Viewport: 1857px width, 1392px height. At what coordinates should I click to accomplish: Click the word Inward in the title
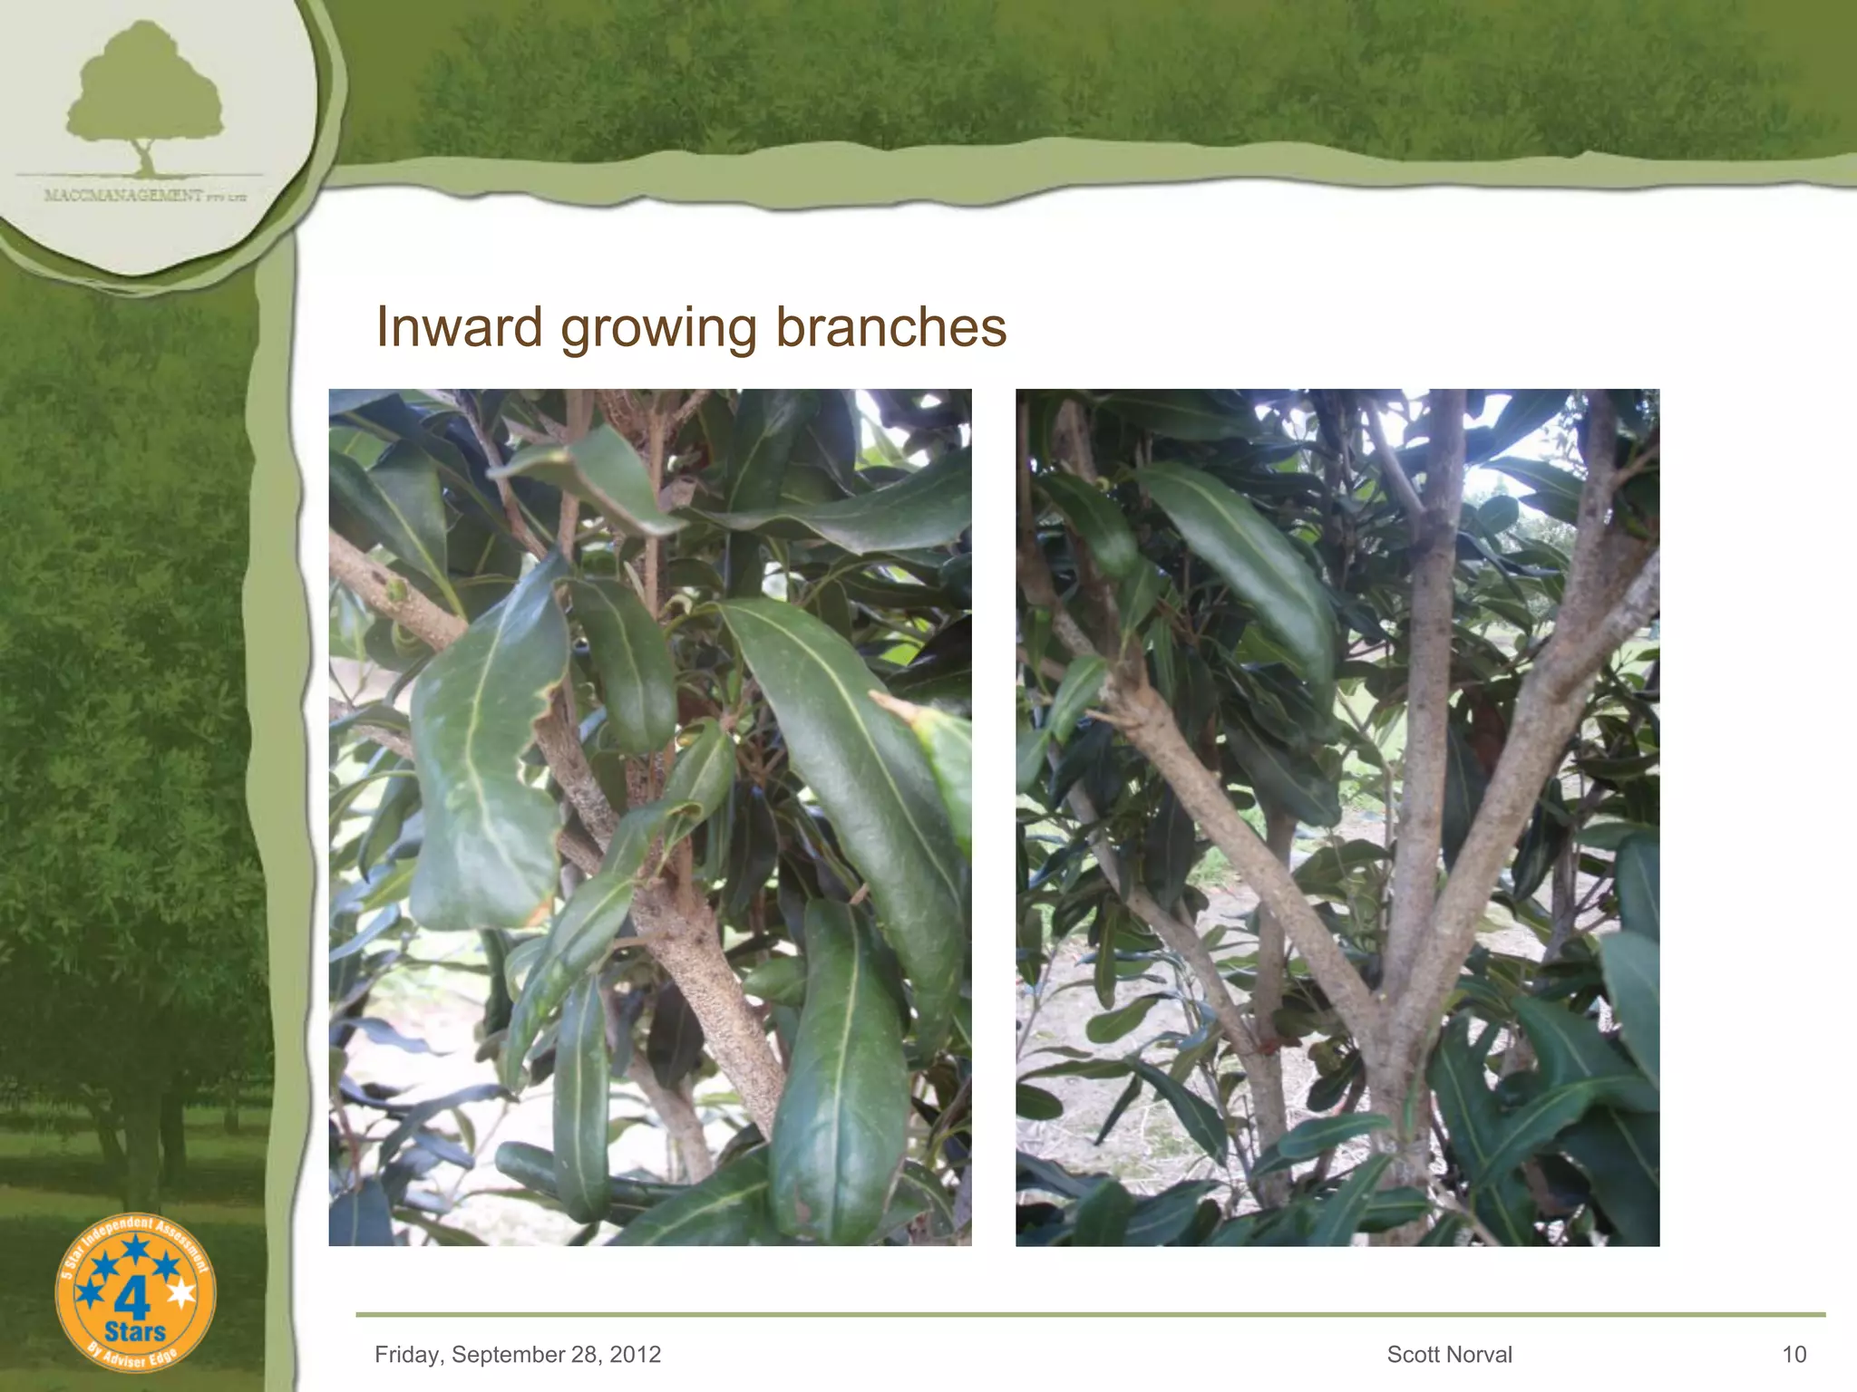[x=459, y=327]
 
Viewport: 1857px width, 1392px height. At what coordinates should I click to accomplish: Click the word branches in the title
[x=890, y=327]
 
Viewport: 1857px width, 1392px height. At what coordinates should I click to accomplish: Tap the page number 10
[x=1794, y=1355]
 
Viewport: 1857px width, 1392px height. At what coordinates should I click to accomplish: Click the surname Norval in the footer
[x=1483, y=1355]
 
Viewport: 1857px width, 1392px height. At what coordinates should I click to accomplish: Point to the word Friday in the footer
[x=407, y=1355]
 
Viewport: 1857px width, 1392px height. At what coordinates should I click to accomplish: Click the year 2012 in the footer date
[x=636, y=1355]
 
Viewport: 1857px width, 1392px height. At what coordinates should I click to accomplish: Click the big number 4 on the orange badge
[x=132, y=1301]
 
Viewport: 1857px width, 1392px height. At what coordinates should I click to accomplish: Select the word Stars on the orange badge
[x=135, y=1332]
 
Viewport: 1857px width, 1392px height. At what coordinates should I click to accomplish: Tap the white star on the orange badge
[x=182, y=1293]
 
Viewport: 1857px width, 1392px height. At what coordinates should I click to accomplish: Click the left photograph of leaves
[x=649, y=817]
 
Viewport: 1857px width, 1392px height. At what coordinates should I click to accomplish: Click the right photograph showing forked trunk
[x=1337, y=817]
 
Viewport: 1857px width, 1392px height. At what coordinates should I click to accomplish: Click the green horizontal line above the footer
[x=1088, y=1314]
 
